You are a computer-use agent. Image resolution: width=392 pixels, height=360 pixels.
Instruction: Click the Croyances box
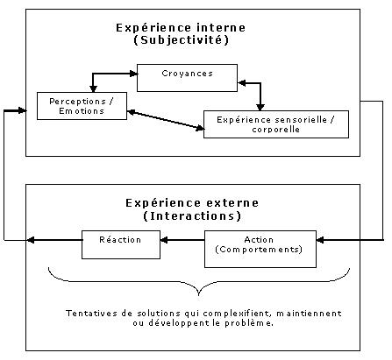(x=187, y=78)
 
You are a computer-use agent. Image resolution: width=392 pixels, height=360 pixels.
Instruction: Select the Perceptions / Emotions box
(x=82, y=106)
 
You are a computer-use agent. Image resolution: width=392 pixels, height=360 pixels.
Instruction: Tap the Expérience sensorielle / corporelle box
(x=276, y=124)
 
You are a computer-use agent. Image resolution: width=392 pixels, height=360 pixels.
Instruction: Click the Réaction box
(x=121, y=244)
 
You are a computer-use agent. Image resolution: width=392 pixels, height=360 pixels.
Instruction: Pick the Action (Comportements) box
(x=260, y=249)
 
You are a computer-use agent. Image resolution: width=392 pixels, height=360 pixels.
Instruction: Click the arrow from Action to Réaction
(x=182, y=240)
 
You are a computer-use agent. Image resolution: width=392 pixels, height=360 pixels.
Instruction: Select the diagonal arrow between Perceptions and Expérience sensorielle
(x=166, y=120)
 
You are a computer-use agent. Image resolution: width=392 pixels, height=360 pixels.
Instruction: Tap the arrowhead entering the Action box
(x=320, y=240)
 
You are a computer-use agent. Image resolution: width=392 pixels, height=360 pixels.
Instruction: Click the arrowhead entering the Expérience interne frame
(x=23, y=110)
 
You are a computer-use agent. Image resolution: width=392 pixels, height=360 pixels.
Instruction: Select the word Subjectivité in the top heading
(x=181, y=40)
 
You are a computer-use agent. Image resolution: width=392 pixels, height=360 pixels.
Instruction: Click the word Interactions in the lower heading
(x=192, y=216)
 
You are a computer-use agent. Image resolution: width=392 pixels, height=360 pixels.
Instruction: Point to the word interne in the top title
(x=221, y=28)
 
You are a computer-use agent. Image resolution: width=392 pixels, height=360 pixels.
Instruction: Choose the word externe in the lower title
(x=233, y=203)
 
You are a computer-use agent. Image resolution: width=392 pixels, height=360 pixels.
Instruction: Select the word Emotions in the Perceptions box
(x=82, y=111)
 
